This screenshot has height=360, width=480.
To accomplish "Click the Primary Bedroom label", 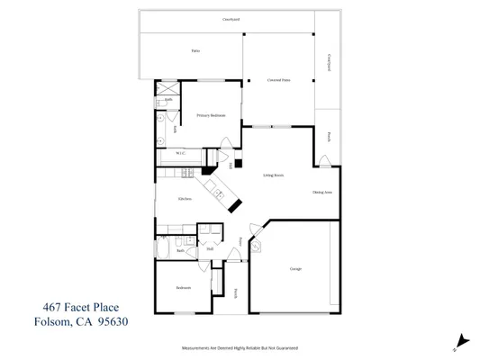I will (x=211, y=116).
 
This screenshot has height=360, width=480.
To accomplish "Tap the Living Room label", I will (x=274, y=175).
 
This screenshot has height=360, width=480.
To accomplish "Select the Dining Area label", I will (x=322, y=193).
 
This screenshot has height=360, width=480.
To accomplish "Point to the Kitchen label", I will (x=186, y=199).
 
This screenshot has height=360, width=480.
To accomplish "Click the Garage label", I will (x=295, y=269).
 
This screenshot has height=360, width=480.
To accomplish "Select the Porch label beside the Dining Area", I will (x=329, y=137).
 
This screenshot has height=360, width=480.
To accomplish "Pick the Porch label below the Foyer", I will (x=236, y=292).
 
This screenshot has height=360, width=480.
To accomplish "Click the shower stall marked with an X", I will (x=166, y=88).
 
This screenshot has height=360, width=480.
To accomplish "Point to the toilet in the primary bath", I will (x=159, y=117).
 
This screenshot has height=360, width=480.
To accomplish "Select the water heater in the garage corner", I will (x=256, y=244).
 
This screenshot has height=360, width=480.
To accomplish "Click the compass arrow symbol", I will (x=462, y=340).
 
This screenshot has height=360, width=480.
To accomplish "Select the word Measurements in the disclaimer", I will (x=200, y=346).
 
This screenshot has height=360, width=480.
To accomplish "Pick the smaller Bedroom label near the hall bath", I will (x=183, y=288).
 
